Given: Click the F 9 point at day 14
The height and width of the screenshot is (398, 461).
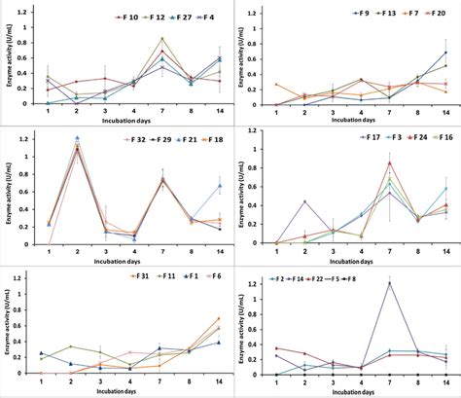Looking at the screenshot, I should point(445,53).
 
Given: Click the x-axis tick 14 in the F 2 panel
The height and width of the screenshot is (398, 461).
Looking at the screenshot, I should point(445,382).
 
